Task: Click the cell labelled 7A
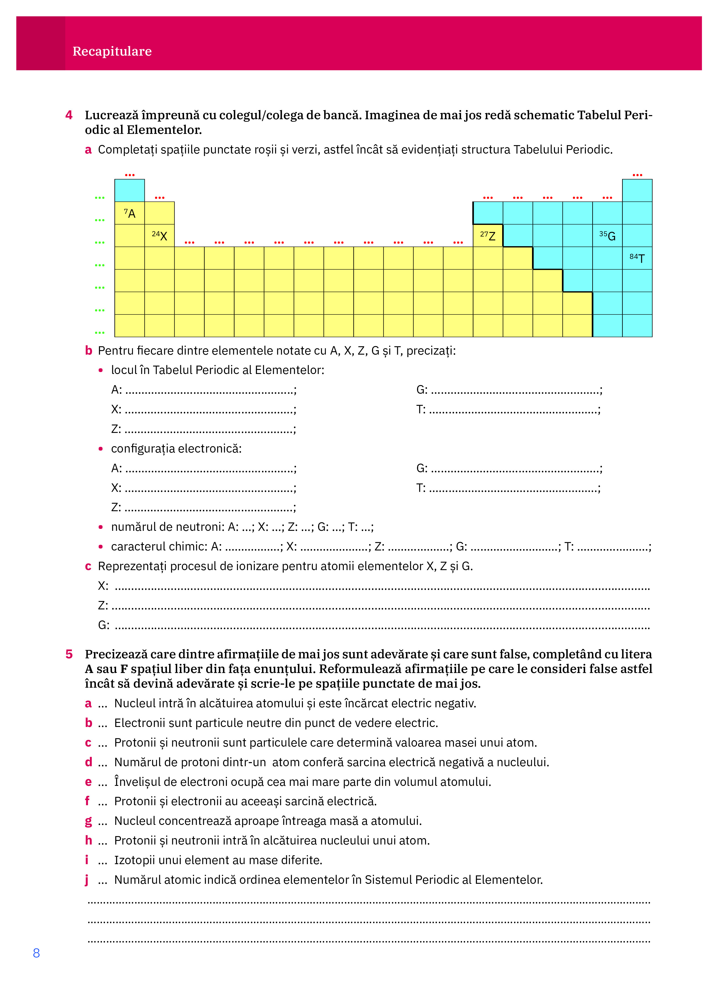click(129, 213)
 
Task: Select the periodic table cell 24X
click(159, 235)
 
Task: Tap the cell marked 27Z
click(488, 235)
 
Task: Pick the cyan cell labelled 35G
click(607, 235)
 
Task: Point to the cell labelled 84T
click(637, 258)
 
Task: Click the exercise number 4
click(69, 115)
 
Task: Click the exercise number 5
click(69, 654)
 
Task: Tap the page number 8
click(36, 953)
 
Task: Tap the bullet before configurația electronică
click(101, 449)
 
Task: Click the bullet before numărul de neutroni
click(101, 527)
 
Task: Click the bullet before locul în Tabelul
click(101, 370)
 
